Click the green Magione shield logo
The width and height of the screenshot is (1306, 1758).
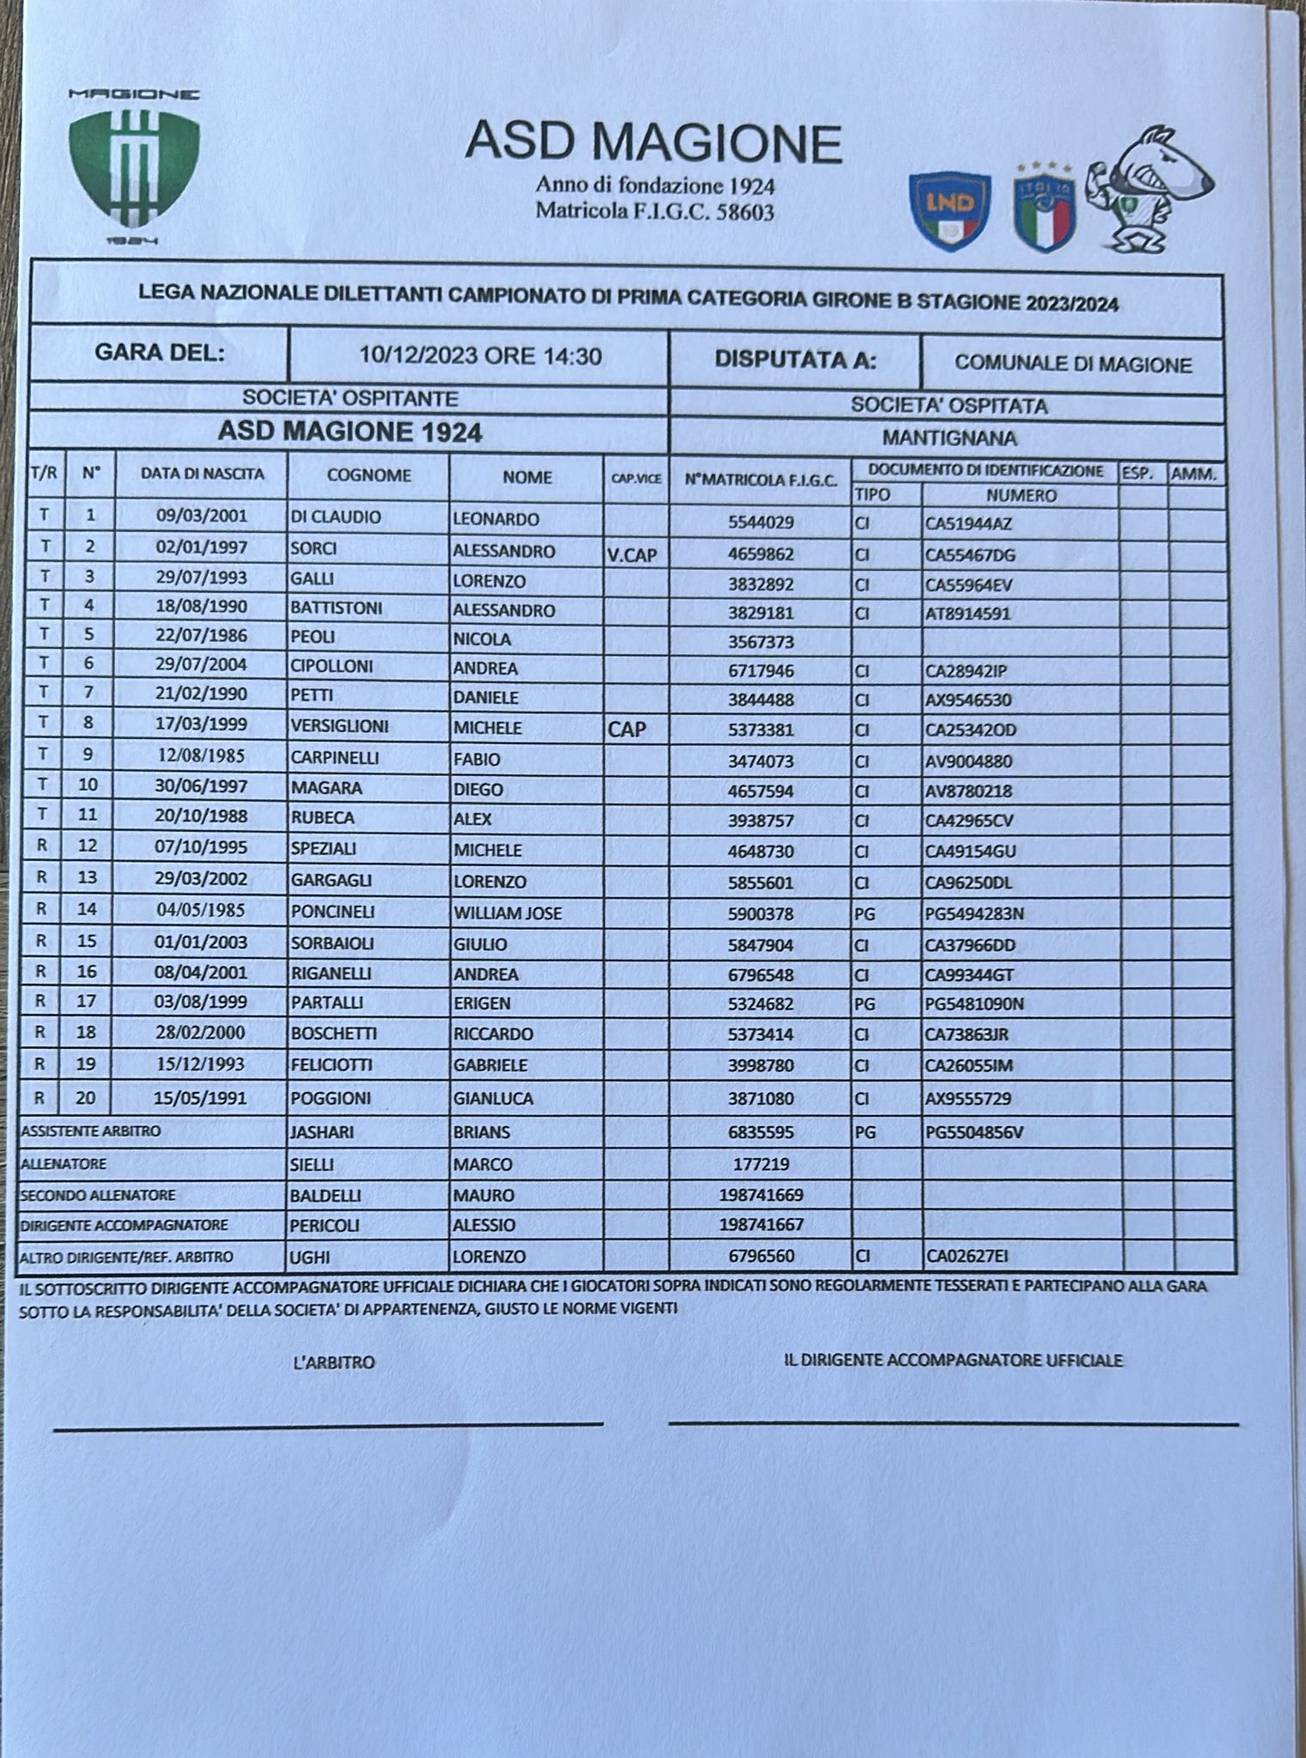(x=134, y=168)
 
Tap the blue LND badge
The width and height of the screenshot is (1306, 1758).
(x=950, y=209)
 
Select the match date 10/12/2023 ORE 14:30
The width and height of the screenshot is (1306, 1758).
(x=480, y=356)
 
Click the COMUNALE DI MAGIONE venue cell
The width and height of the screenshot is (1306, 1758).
(x=1072, y=364)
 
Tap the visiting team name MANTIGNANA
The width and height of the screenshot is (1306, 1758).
(x=949, y=438)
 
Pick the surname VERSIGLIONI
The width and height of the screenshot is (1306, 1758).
(x=340, y=726)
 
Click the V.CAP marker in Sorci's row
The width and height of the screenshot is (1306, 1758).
(x=631, y=555)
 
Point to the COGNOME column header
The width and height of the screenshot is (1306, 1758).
(x=368, y=476)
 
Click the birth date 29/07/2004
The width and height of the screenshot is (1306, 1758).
(x=201, y=664)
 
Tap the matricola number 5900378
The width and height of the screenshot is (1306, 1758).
(x=760, y=914)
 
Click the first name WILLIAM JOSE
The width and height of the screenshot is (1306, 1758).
(x=507, y=913)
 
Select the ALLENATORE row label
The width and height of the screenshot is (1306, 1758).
(x=64, y=1164)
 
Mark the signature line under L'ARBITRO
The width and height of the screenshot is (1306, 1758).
(x=328, y=1424)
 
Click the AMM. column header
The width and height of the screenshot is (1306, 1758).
(x=1196, y=473)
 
